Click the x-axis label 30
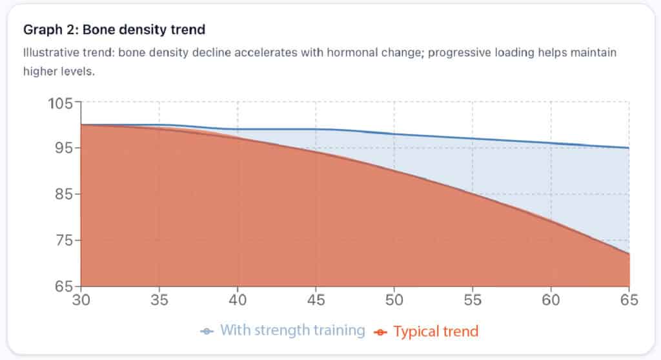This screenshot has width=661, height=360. (x=81, y=300)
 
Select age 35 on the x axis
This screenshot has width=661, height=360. (x=159, y=300)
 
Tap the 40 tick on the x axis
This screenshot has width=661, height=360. (x=238, y=300)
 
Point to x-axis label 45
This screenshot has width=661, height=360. (x=316, y=300)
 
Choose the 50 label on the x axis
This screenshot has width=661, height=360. (x=394, y=300)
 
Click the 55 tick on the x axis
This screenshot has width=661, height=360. (x=473, y=300)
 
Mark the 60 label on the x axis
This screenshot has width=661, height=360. (x=551, y=300)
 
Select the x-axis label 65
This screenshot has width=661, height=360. (x=629, y=300)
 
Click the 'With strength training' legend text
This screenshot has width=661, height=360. (x=292, y=331)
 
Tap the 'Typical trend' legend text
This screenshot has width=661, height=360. (x=436, y=332)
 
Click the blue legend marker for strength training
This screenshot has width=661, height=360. (x=207, y=332)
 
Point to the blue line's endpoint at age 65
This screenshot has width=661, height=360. (x=629, y=148)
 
